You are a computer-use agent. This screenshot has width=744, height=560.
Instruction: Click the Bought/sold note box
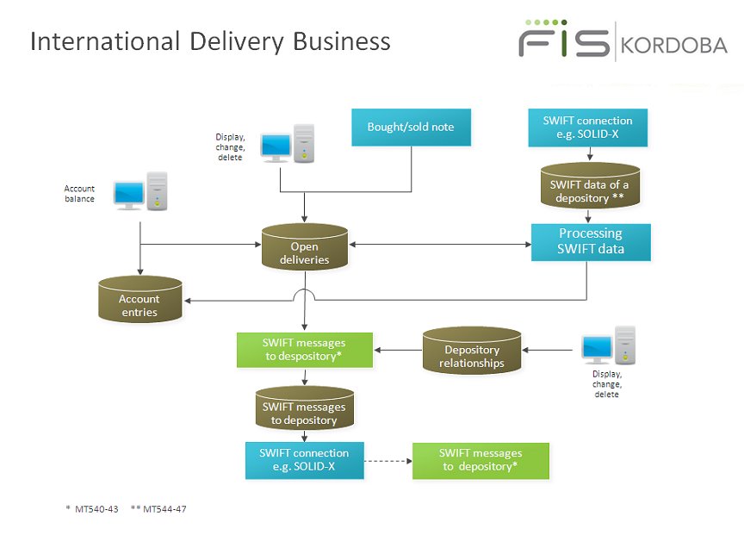pos(411,128)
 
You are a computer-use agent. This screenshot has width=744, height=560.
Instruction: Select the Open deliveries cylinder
pos(305,248)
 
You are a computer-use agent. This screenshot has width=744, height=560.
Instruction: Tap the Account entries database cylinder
pos(139,301)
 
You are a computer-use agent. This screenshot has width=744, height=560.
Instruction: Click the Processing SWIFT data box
pos(590,241)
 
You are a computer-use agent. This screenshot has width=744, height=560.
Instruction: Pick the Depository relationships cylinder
pos(471,352)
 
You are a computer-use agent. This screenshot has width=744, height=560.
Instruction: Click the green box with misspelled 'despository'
pos(305,350)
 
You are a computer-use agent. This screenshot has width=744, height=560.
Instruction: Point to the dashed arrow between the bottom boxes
pos(387,461)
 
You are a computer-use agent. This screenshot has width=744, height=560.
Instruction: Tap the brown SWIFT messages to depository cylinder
pos(305,409)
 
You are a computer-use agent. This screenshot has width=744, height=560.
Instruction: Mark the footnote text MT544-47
pos(163,509)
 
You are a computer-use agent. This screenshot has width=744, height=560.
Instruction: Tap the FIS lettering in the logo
pos(564,41)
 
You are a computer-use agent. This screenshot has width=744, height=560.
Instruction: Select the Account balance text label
pos(79,193)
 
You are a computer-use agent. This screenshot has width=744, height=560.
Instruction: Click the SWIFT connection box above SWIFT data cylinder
pos(587,127)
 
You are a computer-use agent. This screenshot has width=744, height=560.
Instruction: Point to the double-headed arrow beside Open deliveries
pos(439,246)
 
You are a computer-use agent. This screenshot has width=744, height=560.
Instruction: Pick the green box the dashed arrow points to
pos(480,461)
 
